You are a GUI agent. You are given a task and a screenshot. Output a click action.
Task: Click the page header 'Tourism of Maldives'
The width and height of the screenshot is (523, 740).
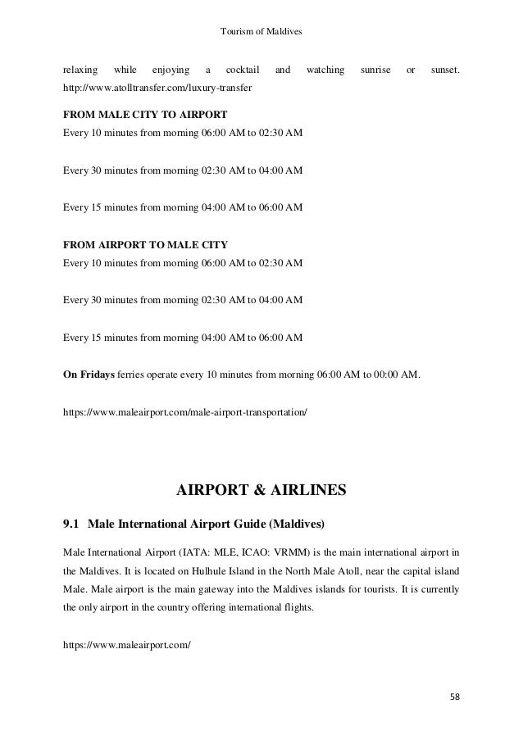pos(262,31)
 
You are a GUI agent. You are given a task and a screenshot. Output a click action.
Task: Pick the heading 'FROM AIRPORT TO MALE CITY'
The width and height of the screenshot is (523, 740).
pos(146,244)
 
